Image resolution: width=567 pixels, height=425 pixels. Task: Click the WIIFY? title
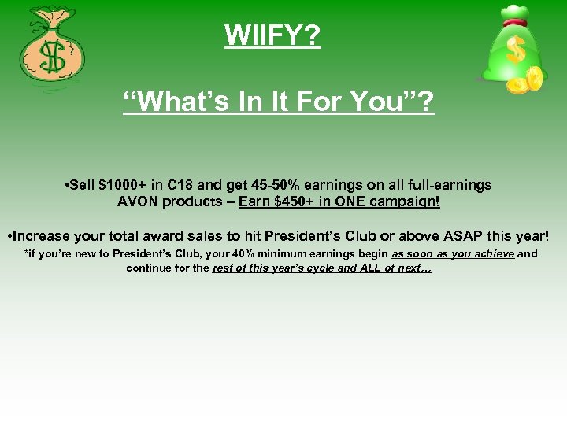[x=272, y=35]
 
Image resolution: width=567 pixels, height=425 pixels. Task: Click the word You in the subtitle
[x=388, y=102]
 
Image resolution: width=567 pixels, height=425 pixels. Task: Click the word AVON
[x=137, y=201]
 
